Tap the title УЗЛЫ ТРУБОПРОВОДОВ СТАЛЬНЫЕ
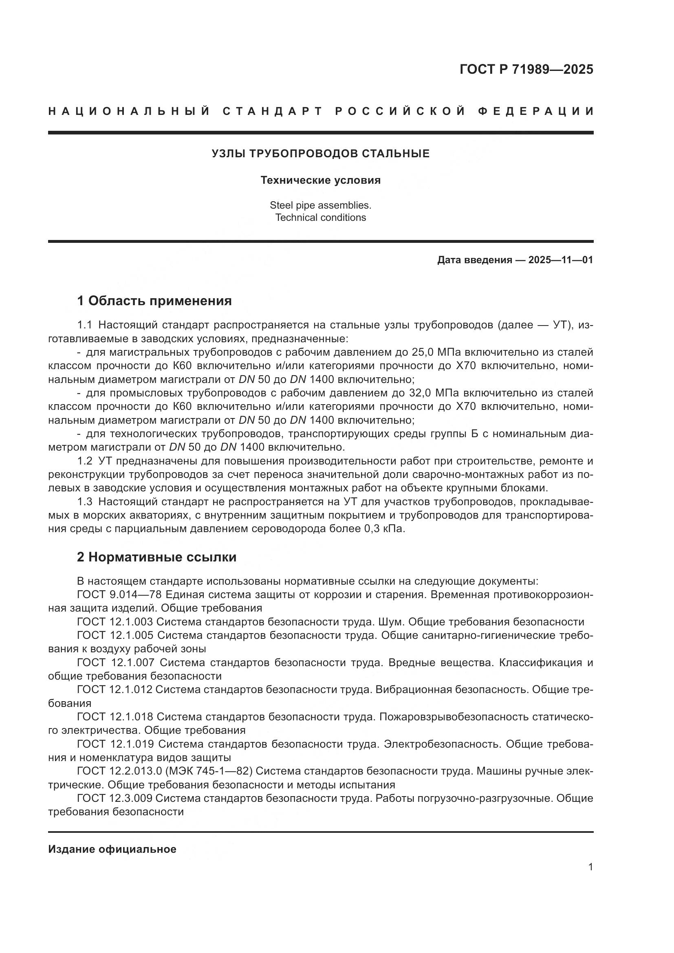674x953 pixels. point(320,154)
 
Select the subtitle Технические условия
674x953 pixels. point(320,180)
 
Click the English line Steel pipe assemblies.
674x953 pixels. point(320,205)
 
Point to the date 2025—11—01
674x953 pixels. point(560,260)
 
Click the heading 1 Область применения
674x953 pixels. point(154,301)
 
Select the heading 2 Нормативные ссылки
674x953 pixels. point(156,557)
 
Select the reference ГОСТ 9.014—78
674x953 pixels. point(119,595)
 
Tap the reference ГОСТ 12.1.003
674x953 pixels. point(115,622)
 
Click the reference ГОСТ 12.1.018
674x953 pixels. point(115,717)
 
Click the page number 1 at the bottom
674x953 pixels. point(590,867)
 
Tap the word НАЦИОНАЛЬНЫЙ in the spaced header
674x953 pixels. point(129,111)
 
